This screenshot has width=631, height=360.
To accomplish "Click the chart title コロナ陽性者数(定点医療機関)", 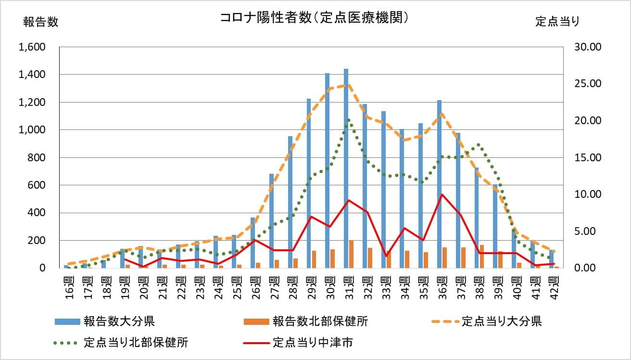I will click(315, 18).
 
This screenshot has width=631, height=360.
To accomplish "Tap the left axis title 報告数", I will click(41, 22).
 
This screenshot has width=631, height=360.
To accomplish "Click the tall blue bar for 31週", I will click(346, 168).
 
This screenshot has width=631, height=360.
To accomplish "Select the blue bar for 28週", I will click(290, 202).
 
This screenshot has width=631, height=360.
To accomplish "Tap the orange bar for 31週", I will click(352, 254).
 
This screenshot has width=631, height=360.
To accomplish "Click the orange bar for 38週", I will click(482, 257).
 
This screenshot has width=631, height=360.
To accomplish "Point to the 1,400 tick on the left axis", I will click(31, 75).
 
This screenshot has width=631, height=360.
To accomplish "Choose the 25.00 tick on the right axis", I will click(582, 84).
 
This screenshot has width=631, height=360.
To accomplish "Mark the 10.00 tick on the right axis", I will click(582, 194).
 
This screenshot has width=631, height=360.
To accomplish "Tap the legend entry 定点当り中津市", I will click(313, 343).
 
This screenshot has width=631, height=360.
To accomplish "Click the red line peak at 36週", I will click(442, 194).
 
